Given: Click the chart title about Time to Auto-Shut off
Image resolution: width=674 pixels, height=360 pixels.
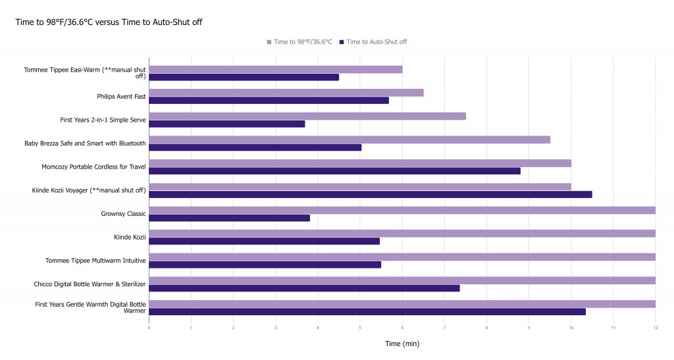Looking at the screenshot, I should point(109,22).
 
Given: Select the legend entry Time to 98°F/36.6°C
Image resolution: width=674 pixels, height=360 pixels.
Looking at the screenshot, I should point(299,42).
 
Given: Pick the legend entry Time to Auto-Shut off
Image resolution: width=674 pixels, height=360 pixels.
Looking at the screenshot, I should point(373,42).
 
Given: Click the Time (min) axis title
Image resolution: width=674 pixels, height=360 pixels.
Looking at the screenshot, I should point(402,344).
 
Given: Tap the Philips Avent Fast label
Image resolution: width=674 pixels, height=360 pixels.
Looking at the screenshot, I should point(121,97).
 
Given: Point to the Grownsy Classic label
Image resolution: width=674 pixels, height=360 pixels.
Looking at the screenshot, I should point(123,214).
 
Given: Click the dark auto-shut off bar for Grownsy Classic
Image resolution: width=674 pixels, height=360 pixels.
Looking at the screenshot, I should point(229,218).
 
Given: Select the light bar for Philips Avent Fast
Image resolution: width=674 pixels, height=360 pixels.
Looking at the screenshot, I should point(286,93).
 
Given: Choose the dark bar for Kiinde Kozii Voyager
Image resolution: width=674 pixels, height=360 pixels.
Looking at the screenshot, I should point(370,194).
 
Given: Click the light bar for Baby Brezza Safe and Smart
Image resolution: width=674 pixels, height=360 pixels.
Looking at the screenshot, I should point(349,140).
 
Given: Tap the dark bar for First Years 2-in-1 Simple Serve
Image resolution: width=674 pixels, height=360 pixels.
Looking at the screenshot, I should point(226,124).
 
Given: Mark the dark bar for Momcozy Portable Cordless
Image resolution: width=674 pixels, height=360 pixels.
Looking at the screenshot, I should point(334,171).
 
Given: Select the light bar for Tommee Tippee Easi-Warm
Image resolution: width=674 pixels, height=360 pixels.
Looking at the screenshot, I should point(275,69).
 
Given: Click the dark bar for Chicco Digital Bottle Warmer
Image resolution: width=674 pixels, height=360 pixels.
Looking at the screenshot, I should point(304,288).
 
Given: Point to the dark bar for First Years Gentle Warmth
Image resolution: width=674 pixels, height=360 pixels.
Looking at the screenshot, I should point(367,312).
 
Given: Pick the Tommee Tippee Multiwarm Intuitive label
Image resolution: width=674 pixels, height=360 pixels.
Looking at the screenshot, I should point(95,261).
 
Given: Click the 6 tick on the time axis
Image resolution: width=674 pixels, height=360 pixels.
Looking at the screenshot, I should point(402,327).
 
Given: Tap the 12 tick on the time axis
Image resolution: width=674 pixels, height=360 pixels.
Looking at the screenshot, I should point(655,327).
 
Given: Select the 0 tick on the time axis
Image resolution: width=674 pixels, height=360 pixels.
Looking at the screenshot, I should point(149,327).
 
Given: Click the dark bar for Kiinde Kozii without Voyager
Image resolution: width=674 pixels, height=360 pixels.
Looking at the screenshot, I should point(264,242).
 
